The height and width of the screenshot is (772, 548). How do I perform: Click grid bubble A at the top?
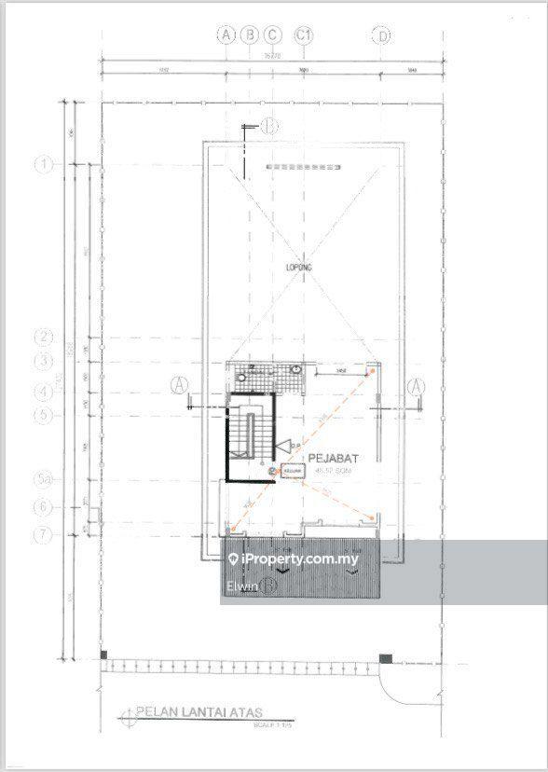coord(226,34)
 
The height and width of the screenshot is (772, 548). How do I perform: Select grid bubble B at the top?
coord(249,34)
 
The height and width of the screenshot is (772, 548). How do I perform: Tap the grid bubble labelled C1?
coord(303,34)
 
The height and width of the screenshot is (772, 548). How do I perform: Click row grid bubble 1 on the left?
coord(43,164)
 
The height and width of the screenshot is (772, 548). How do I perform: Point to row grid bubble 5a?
coord(43,480)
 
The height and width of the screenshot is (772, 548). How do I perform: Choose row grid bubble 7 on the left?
coord(43,534)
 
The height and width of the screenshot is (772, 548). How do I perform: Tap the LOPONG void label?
coord(298,268)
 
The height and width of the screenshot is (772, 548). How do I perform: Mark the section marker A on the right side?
coord(417,384)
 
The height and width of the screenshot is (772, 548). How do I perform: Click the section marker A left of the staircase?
coord(180,384)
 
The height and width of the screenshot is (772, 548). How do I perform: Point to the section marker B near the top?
coord(269,124)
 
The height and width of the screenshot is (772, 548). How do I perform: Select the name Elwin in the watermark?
coord(241,586)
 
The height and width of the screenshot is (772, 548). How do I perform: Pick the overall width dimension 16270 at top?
coord(297,56)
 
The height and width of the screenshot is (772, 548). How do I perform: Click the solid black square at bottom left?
coord(105,657)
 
